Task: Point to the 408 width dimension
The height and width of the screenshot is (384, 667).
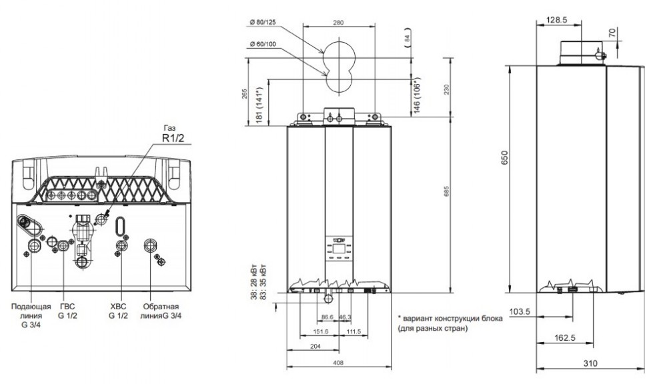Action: click(x=338, y=362)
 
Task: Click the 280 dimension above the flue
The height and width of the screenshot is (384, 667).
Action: click(x=338, y=23)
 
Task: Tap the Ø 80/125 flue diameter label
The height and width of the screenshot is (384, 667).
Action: click(x=264, y=23)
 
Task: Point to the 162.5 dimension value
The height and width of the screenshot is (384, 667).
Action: click(x=564, y=338)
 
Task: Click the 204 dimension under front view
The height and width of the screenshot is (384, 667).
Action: click(x=316, y=346)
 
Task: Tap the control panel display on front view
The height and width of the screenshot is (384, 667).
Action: click(x=338, y=251)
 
